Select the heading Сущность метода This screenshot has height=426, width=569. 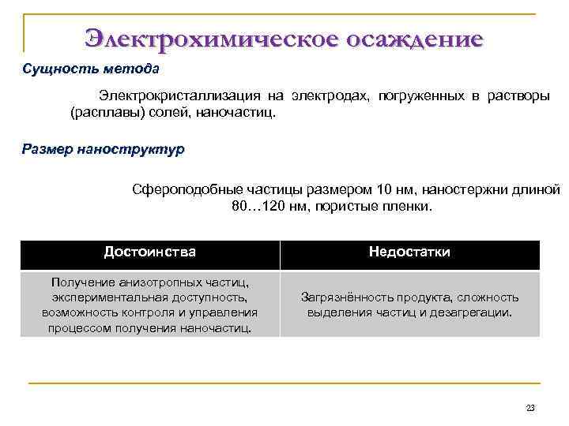click(x=91, y=69)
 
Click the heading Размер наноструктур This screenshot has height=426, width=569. click(x=103, y=149)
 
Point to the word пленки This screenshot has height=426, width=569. click(x=409, y=206)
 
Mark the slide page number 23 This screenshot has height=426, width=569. click(x=529, y=408)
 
